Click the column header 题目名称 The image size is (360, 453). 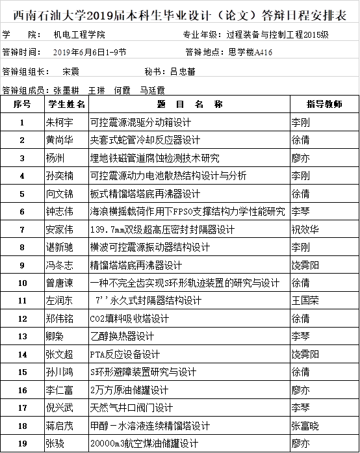pyautogui.click(x=190, y=104)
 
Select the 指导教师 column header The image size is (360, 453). pyautogui.click(x=324, y=104)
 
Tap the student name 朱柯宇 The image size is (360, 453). pyautogui.click(x=60, y=122)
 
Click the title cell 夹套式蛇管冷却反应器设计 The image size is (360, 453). pyautogui.click(x=145, y=140)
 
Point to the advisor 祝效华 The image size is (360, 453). pyautogui.click(x=305, y=229)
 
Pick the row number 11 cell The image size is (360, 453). pyautogui.click(x=23, y=301)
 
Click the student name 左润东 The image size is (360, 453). pyautogui.click(x=59, y=301)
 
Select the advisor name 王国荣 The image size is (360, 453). pyautogui.click(x=305, y=301)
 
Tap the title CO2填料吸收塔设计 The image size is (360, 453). pyautogui.click(x=129, y=318)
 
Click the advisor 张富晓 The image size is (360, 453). pyautogui.click(x=305, y=426)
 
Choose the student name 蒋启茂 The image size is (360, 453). pyautogui.click(x=60, y=426)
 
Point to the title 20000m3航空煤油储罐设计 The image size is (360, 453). pyautogui.click(x=144, y=443)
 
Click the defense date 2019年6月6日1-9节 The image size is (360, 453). pyautogui.click(x=90, y=52)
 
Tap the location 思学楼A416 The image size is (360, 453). pyautogui.click(x=250, y=52)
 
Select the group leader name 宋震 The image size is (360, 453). pyautogui.click(x=71, y=71)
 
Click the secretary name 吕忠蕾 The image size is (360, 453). pyautogui.click(x=183, y=71)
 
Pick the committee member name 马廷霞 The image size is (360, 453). pyautogui.click(x=152, y=90)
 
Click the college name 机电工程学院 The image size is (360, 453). pyautogui.click(x=79, y=34)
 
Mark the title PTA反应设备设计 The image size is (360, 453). pyautogui.click(x=125, y=354)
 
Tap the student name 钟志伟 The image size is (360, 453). pyautogui.click(x=60, y=212)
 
